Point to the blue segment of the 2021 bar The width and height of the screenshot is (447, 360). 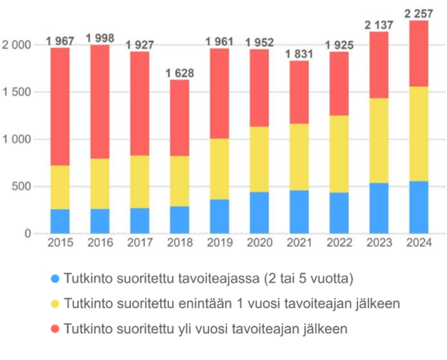pyautogui.click(x=299, y=212)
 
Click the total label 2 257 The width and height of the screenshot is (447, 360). pyautogui.click(x=419, y=13)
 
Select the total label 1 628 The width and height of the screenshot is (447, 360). pyautogui.click(x=180, y=73)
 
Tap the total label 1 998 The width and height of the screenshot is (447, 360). pyautogui.click(x=100, y=39)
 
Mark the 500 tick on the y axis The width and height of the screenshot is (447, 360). pyautogui.click(x=22, y=187)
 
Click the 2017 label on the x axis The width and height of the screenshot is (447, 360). pyautogui.click(x=140, y=243)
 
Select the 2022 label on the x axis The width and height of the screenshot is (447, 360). pyautogui.click(x=339, y=243)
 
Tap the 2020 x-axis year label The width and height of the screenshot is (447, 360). pyautogui.click(x=259, y=243)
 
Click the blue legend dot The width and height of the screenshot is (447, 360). pyautogui.click(x=54, y=279)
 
